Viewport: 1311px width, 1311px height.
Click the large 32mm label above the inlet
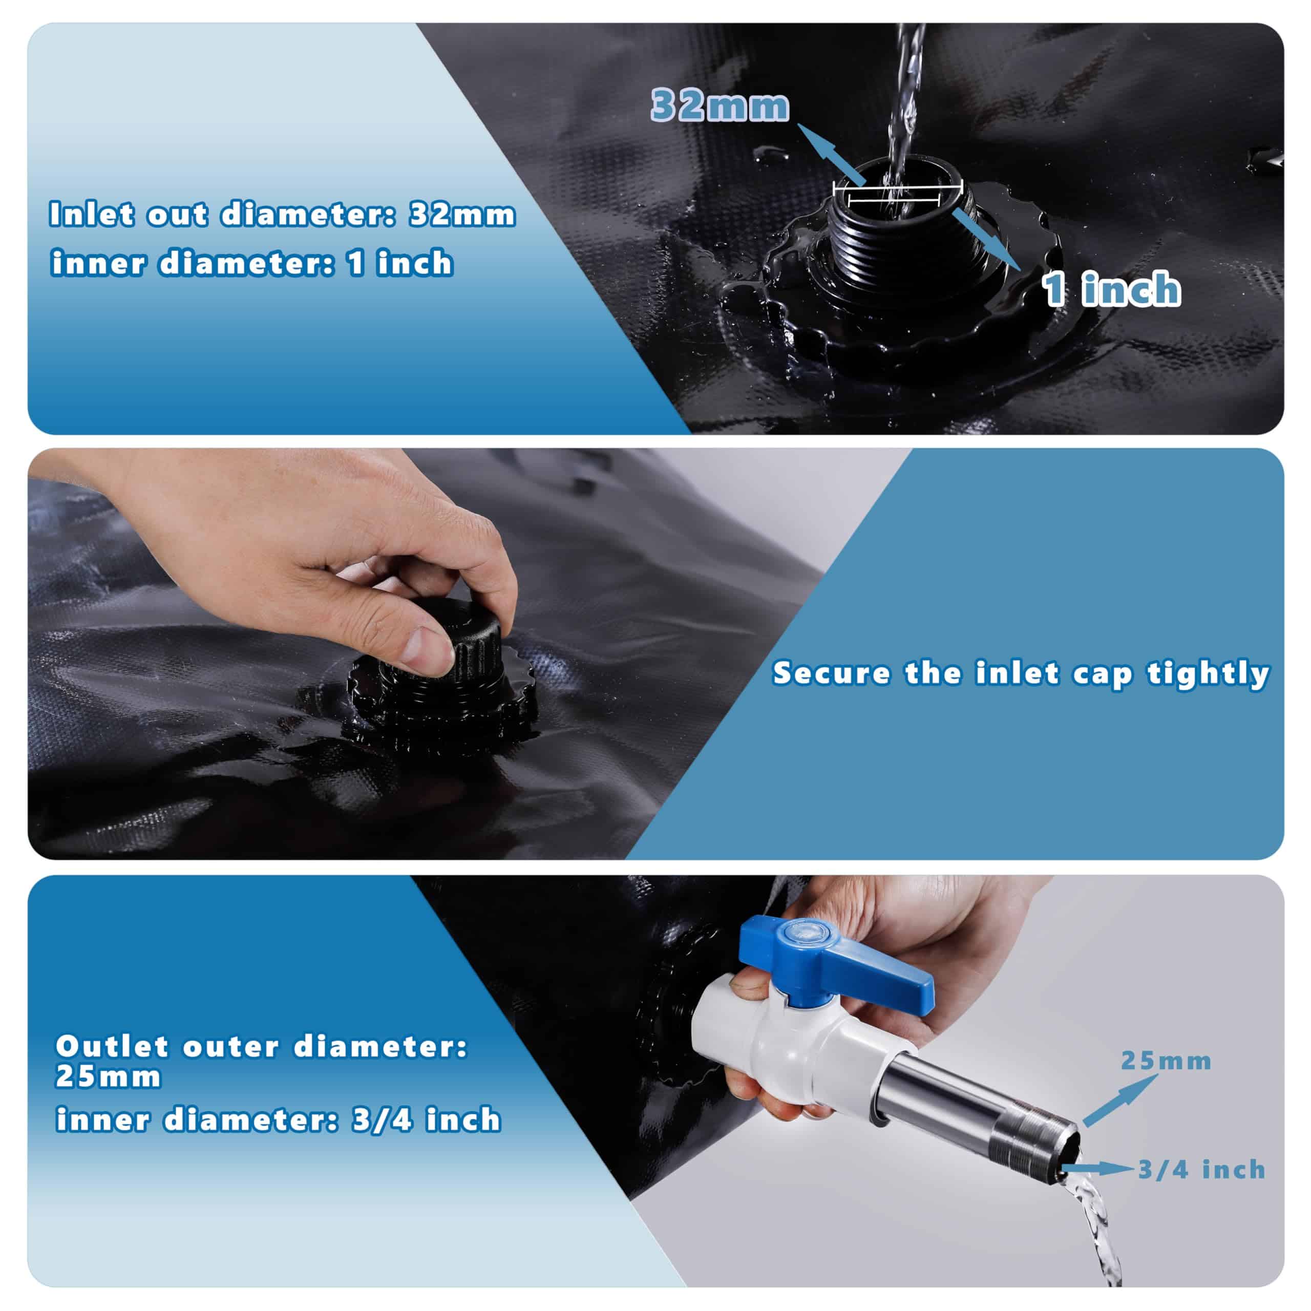click(720, 106)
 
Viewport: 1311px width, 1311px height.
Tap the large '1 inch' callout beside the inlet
click(1111, 289)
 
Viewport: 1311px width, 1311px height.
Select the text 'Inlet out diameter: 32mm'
click(282, 215)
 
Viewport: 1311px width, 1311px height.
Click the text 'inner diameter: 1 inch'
click(252, 263)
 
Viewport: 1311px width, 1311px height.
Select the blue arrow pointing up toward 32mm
click(830, 154)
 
